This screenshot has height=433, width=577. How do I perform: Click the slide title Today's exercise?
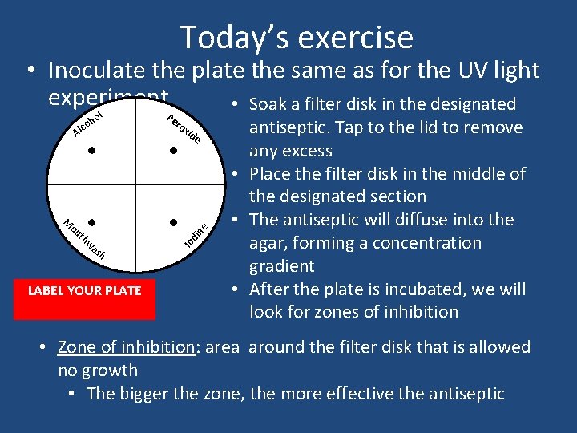click(296, 37)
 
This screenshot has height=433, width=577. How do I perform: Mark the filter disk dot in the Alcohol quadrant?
click(93, 150)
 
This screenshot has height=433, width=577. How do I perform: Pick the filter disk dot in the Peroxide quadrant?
click(172, 150)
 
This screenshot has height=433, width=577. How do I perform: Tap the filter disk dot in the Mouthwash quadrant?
click(93, 221)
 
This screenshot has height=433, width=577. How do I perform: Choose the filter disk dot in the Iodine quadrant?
click(172, 221)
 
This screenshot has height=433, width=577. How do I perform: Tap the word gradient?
click(281, 265)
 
